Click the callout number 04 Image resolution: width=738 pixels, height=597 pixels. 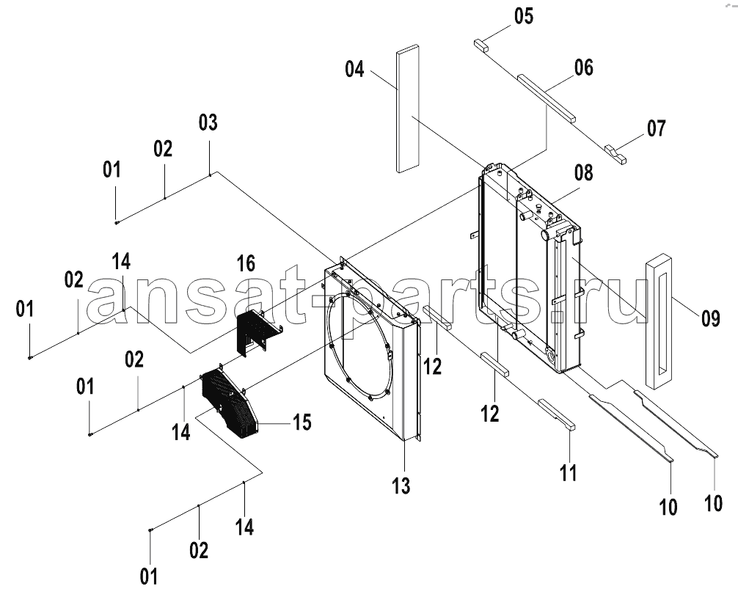(354, 69)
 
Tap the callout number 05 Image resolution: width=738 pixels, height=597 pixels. (523, 16)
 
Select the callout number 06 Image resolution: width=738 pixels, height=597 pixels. (583, 67)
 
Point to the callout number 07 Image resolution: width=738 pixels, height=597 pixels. (656, 128)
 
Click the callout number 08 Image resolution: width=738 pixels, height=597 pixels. (583, 173)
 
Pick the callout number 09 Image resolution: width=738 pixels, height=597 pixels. (710, 318)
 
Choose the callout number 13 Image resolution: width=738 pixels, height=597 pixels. (401, 486)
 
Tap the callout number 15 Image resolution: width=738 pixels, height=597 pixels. (302, 422)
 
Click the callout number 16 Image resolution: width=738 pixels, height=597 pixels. (246, 263)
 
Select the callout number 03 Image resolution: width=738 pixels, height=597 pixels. (208, 122)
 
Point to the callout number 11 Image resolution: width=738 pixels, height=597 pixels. (568, 473)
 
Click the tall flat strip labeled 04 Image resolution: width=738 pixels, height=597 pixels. (407, 109)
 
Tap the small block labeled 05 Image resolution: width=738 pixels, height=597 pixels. (481, 45)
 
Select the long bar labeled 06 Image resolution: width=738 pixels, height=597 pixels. (547, 98)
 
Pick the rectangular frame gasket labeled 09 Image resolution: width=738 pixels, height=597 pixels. (660, 321)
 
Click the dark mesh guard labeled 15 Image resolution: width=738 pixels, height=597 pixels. (230, 403)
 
